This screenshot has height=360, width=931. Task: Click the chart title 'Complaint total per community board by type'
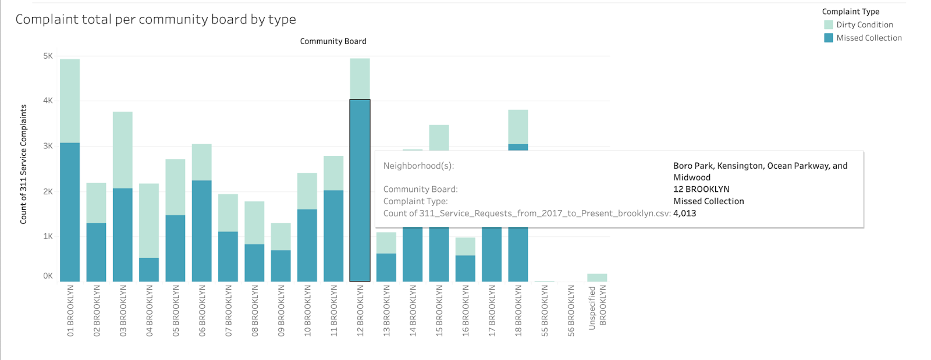tap(155, 19)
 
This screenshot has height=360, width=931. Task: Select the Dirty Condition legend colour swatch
tap(829, 24)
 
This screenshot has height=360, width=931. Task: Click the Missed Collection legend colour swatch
tap(829, 38)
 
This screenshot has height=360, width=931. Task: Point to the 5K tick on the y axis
tap(48, 56)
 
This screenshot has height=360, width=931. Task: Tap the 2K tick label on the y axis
tap(48, 191)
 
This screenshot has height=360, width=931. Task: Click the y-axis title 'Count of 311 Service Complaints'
tap(23, 164)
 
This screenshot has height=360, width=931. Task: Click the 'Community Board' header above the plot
tap(333, 41)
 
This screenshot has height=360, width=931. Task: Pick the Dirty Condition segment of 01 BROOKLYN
tap(70, 101)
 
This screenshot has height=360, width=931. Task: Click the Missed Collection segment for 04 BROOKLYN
tap(149, 270)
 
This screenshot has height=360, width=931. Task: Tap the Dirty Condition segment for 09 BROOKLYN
tap(281, 237)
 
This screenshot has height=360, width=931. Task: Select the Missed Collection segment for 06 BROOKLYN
tap(201, 231)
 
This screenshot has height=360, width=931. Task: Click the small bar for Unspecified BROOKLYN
tap(597, 277)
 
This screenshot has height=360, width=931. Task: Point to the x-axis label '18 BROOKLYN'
tap(518, 311)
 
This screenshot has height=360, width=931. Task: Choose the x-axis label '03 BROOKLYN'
tap(123, 311)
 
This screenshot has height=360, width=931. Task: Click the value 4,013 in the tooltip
tap(684, 213)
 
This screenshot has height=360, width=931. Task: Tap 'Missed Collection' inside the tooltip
tap(708, 201)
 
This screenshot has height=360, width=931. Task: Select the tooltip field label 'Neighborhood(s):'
tap(418, 166)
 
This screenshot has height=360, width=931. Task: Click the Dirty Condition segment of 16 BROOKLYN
tap(465, 247)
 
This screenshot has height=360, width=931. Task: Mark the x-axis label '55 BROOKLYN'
tap(545, 311)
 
